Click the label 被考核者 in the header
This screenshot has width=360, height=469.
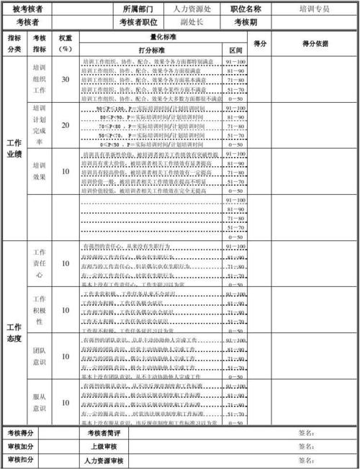point(27,9)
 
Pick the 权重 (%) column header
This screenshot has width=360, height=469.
point(66,43)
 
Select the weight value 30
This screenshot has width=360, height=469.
point(66,80)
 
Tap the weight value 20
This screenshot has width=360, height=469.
point(66,125)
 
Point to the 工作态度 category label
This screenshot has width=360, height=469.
point(14,332)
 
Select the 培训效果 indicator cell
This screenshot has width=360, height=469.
point(40,170)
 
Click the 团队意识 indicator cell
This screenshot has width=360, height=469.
point(40,357)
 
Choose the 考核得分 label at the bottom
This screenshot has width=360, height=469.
point(20,433)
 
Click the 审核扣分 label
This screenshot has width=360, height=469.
point(20,460)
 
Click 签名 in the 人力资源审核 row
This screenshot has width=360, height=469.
point(305,460)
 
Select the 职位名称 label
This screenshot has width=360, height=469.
point(246,9)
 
